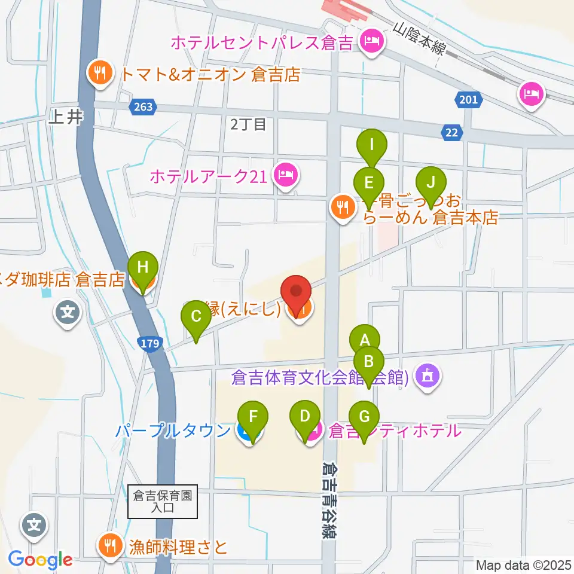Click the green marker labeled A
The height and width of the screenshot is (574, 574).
point(365,340)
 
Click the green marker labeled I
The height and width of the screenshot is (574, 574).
point(373,145)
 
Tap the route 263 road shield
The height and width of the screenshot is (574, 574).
point(142,106)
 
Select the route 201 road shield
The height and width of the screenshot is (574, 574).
point(469,99)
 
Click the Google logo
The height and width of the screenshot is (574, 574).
point(41,560)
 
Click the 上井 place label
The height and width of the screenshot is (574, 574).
point(66,118)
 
